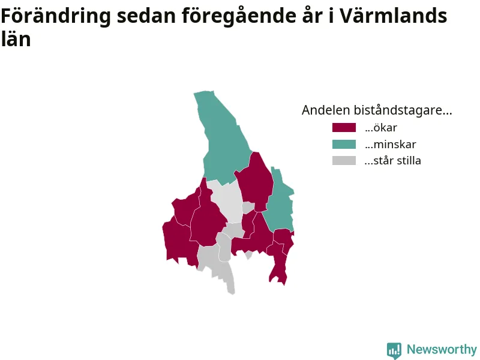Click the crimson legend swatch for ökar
344,127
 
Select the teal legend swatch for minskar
344,144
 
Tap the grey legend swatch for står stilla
344,161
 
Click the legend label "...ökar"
381,128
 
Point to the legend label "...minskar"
391,144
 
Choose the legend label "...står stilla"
393,161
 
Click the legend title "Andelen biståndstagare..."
377,110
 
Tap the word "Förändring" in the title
56,16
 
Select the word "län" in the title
16,39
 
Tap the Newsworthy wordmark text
442,349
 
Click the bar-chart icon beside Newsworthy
394,350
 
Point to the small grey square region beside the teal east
248,207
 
